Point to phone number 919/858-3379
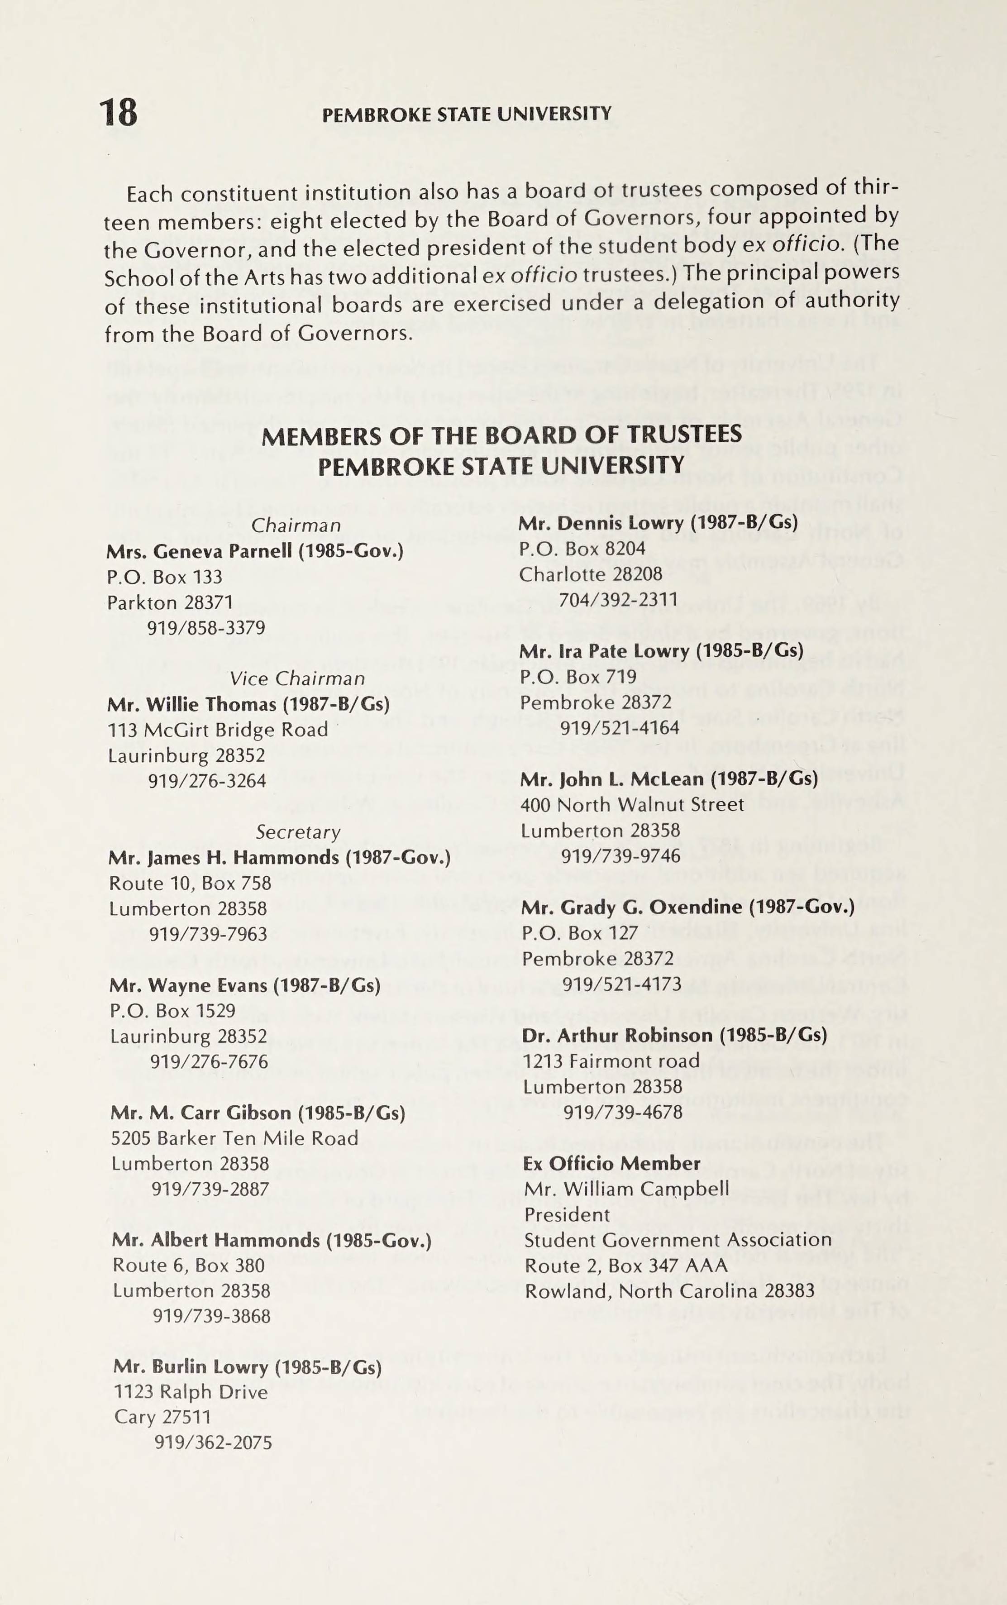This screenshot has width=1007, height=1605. pos(206,628)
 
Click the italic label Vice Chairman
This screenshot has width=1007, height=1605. pos(297,678)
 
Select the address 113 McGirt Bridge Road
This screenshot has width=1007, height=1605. pos(218,730)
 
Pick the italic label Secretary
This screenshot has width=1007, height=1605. pos(298,832)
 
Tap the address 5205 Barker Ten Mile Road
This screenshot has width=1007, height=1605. pos(234,1139)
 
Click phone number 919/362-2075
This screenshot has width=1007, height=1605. pos(213,1443)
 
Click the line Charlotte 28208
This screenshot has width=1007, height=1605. pos(591,574)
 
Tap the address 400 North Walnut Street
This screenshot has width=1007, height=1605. pos(632,805)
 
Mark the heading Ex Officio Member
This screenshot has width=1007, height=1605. pos(611,1163)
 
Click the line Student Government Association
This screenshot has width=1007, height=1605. pos(678,1240)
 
